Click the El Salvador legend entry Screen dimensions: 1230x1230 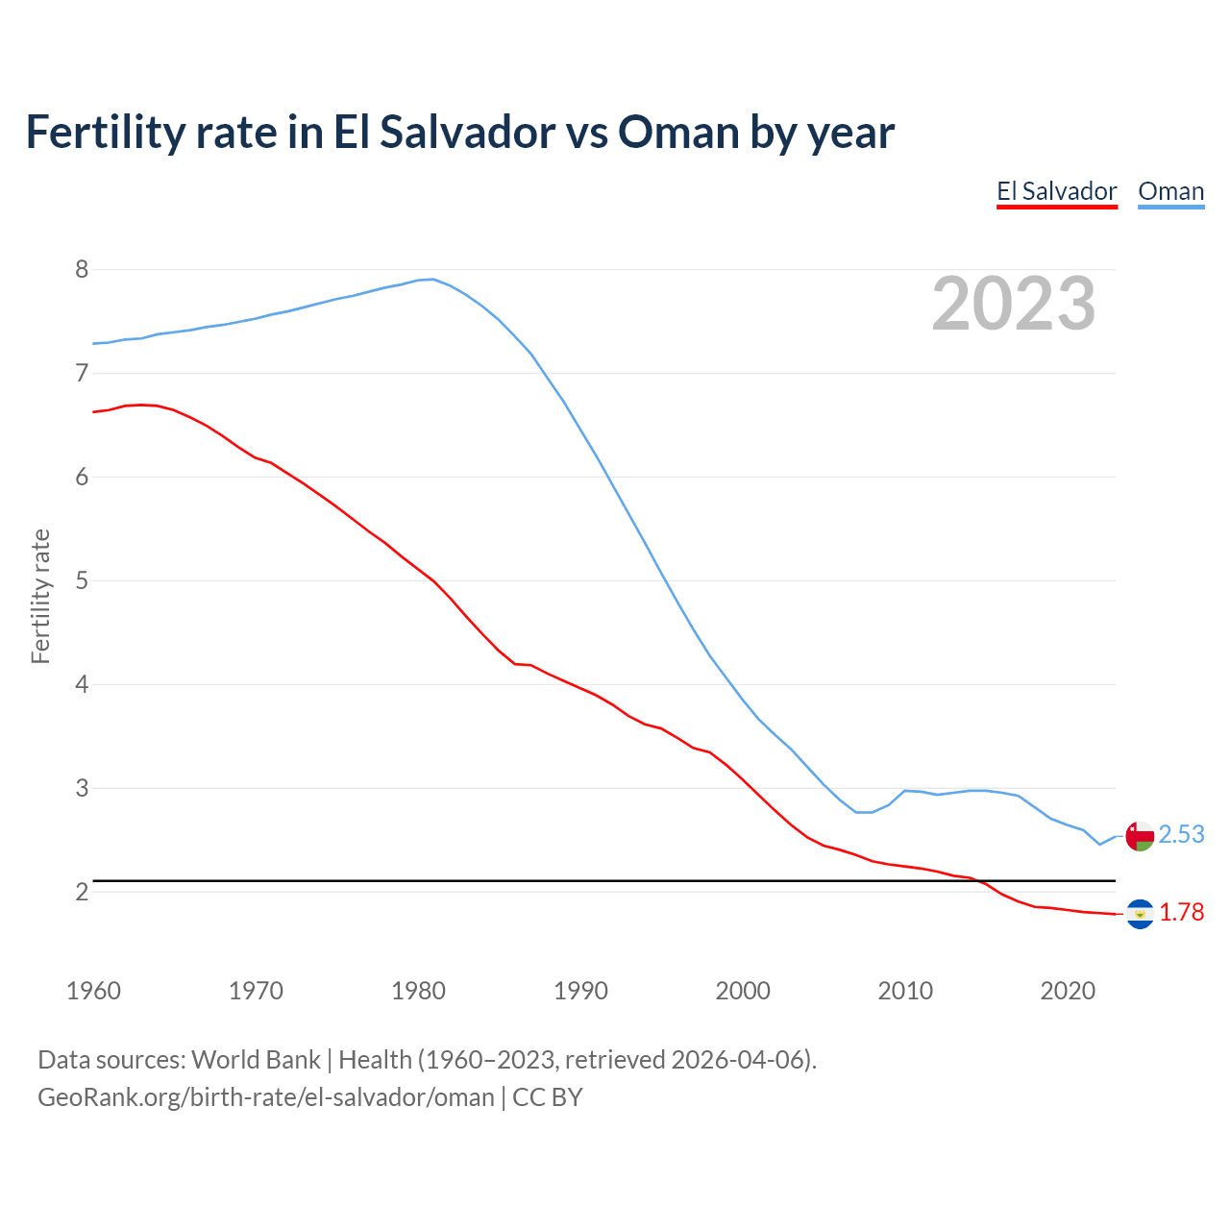coord(1056,191)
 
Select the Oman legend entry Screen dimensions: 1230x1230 coord(1170,191)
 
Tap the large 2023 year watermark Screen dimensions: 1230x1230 coord(1014,304)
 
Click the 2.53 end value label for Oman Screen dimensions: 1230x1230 coord(1181,834)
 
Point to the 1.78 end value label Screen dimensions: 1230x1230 coord(1181,912)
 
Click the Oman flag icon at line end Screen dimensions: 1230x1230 coord(1140,835)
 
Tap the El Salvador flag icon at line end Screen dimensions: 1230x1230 coord(1140,914)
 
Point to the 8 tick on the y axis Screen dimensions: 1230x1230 coord(82,269)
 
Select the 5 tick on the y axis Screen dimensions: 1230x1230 coord(82,580)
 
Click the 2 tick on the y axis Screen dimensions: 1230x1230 coord(82,892)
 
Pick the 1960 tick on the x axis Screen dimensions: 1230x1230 coord(93,991)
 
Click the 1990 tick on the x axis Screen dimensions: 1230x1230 coord(580,991)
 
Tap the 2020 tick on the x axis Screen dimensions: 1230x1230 coord(1068,991)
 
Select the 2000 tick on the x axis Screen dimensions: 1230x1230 coord(743,991)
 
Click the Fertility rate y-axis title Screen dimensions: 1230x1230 coord(40,596)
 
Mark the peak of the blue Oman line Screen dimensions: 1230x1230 coord(433,279)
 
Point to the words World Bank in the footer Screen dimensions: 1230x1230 coord(256,1060)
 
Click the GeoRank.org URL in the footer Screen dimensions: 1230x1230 coord(265,1097)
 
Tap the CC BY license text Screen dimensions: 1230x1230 coord(548,1097)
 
